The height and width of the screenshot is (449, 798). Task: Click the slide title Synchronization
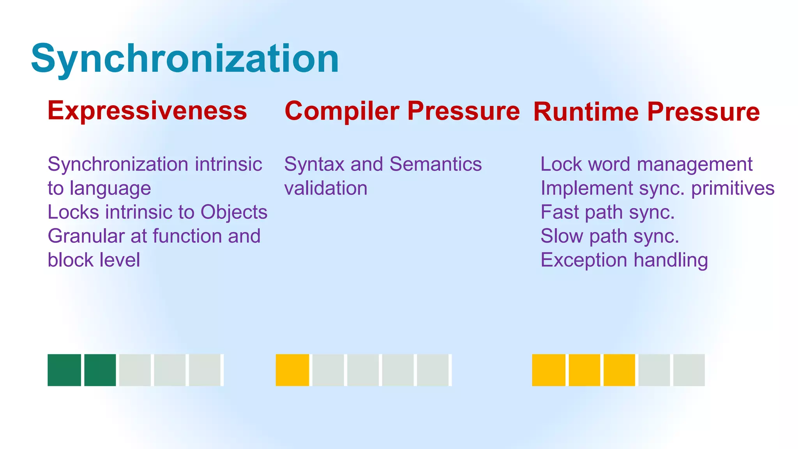pos(185,59)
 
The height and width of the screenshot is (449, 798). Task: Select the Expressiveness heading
pos(147,111)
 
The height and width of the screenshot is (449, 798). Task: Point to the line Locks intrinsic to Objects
pos(157,212)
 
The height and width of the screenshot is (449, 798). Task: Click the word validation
pos(326,189)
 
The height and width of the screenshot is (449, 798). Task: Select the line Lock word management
pos(646,164)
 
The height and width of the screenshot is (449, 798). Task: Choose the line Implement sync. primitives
pos(657,189)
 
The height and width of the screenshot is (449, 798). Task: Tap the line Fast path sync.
pos(607,212)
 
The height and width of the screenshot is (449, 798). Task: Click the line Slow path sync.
pos(609,237)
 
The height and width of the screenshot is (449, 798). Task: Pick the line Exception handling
pos(624,260)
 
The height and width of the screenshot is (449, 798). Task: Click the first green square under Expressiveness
pos(64,370)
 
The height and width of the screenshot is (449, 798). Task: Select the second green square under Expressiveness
pos(100,370)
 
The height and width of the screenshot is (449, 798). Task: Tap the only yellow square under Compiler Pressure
pos(292,370)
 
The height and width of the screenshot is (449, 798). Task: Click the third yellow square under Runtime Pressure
pos(619,370)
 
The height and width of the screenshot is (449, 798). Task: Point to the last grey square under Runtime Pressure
pos(689,370)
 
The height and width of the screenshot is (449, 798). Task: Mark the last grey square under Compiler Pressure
pos(433,370)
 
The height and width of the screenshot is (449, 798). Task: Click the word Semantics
pos(436,164)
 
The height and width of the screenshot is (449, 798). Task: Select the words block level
pos(94,260)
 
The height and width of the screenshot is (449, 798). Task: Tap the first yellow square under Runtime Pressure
pos(549,370)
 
